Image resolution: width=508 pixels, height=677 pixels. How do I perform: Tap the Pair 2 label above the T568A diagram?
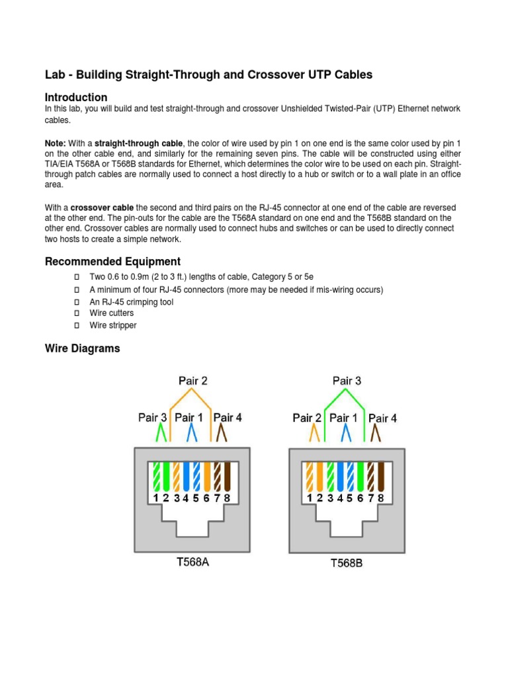pos(192,381)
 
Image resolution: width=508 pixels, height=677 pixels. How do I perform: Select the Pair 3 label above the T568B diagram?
pos(347,381)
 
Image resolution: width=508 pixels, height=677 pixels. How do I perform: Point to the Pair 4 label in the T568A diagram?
pos(228,417)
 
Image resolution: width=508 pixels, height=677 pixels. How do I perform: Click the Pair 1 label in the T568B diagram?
pos(343,417)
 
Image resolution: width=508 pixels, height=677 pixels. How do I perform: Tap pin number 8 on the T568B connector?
pos(380,498)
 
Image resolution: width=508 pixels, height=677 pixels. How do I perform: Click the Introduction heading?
pos(76,97)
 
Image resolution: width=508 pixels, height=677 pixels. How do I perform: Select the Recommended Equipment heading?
pos(112,261)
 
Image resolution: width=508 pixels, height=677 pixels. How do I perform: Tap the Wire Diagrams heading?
pos(82,348)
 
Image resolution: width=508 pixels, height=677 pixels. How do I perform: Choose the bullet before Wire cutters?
pos(76,313)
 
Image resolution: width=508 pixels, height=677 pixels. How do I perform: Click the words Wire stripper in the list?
pos(113,325)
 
